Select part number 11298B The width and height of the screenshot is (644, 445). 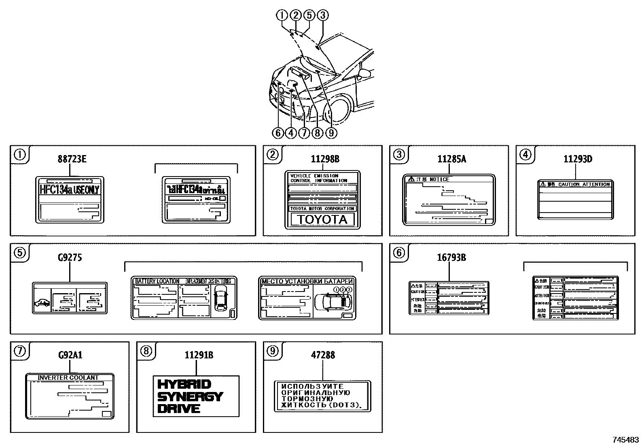(x=325, y=159)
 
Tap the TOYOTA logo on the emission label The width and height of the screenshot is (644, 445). (x=322, y=219)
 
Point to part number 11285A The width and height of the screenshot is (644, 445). (x=451, y=159)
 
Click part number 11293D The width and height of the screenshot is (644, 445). (x=578, y=159)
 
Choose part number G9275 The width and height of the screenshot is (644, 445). (x=70, y=258)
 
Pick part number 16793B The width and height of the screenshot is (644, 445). (x=451, y=258)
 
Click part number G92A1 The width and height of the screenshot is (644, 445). (x=70, y=356)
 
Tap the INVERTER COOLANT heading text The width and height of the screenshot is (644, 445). (x=68, y=377)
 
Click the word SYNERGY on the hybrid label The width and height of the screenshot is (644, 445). (x=190, y=396)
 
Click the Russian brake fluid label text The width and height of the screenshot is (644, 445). (x=322, y=396)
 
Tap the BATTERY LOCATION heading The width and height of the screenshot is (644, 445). (x=157, y=281)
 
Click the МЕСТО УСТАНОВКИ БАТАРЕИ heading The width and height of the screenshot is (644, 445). (x=307, y=281)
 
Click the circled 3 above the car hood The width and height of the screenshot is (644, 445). (x=322, y=15)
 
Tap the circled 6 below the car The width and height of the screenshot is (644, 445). (x=278, y=132)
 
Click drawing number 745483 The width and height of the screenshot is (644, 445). (x=625, y=440)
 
